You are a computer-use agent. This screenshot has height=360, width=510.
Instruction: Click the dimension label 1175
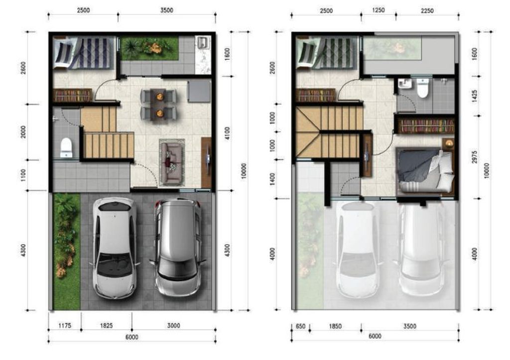65,326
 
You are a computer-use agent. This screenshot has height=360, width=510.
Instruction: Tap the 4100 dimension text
227,133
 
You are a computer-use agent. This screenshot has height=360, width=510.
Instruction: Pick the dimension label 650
300,327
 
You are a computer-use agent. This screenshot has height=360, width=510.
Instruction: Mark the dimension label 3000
173,326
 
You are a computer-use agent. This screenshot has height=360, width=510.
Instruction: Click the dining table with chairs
158,104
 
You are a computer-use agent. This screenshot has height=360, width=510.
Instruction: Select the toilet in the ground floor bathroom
66,147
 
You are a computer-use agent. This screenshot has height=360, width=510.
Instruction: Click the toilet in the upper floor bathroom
423,88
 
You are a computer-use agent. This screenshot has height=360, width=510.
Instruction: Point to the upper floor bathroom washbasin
405,84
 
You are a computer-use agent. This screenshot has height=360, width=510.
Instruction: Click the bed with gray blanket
424,170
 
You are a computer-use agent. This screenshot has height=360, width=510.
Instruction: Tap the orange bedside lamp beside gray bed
449,143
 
